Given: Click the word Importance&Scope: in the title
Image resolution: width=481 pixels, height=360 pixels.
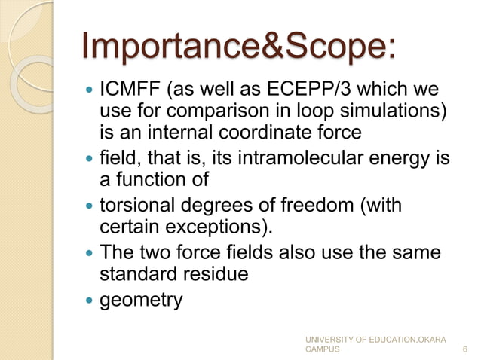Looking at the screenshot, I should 237,47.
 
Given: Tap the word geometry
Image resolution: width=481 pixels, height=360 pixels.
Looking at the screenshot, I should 142,301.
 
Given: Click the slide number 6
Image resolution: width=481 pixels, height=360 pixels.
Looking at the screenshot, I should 463,349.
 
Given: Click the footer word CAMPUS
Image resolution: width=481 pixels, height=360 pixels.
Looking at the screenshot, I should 322,350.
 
